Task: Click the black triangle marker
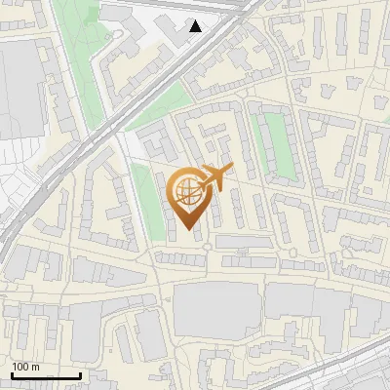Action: coord(196,26)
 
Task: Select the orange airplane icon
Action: coord(214,179)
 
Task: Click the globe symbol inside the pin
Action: coord(185,190)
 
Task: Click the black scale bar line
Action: coord(46,375)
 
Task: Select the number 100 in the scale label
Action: coord(21,367)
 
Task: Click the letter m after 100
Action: coord(35,367)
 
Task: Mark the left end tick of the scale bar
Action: coord(12,374)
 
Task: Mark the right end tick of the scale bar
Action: coord(80,374)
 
